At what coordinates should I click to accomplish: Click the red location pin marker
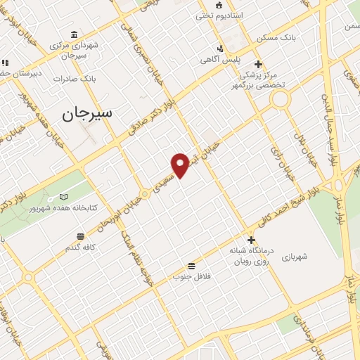181,165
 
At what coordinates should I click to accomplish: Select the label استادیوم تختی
219,15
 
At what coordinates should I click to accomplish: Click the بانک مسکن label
273,37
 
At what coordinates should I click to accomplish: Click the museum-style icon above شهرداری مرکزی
75,35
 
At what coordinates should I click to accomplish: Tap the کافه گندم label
80,247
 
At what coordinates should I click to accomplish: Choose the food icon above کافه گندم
80,236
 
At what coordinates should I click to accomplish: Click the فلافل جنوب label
192,277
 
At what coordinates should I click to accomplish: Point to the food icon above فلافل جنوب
191,266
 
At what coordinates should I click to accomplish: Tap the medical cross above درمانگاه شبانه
251,239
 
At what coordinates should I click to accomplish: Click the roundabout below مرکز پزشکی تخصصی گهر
281,98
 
